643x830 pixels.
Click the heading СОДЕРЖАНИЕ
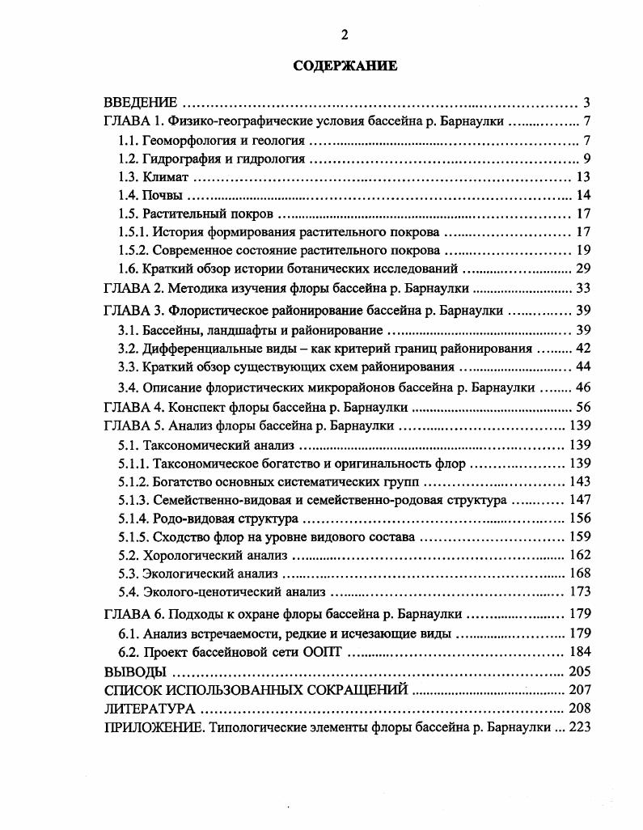click(x=345, y=66)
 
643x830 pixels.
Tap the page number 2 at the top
click(x=345, y=34)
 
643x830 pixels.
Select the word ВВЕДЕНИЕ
click(x=141, y=103)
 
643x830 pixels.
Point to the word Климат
click(x=166, y=177)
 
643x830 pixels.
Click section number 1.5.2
click(x=133, y=250)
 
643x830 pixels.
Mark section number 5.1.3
click(x=133, y=501)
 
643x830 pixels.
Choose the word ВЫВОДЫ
click(x=136, y=671)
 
